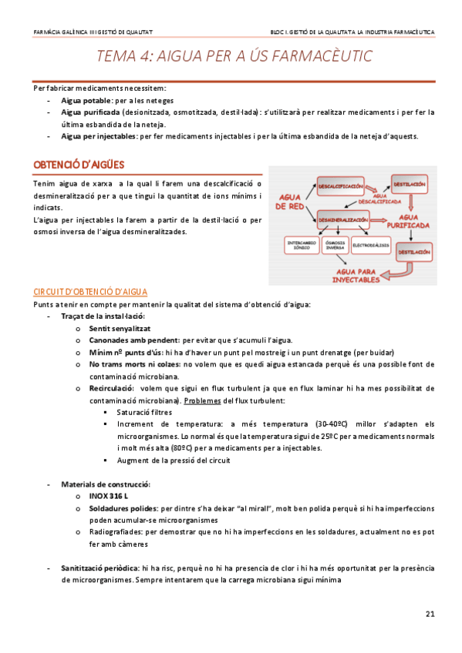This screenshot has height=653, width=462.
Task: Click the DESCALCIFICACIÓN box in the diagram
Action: click(339, 187)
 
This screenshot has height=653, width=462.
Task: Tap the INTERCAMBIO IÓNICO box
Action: click(302, 246)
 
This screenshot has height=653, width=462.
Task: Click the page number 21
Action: click(430, 614)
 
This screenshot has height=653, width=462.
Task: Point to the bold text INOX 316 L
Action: click(109, 496)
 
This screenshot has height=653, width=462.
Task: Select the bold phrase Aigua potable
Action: click(86, 100)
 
